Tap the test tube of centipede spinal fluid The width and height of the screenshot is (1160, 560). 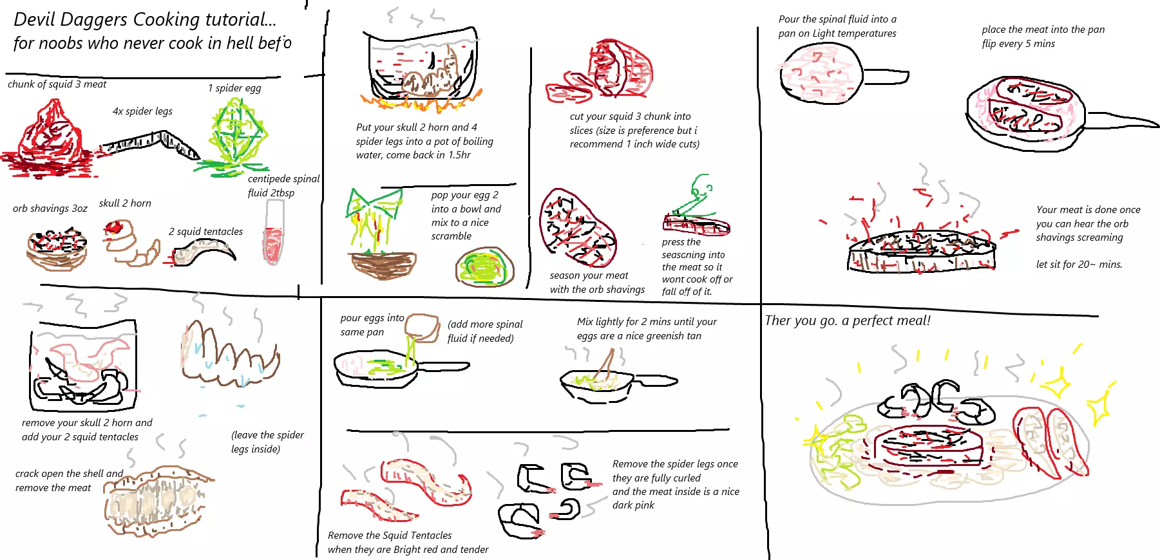click(x=274, y=232)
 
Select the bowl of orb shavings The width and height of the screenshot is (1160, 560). click(x=57, y=248)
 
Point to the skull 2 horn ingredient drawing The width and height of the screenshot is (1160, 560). click(x=131, y=243)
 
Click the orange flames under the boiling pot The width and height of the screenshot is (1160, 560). click(x=421, y=100)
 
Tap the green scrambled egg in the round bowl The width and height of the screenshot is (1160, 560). click(x=485, y=267)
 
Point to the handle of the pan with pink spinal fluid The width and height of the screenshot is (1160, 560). click(x=885, y=77)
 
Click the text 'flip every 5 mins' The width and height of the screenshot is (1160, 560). click(x=1018, y=44)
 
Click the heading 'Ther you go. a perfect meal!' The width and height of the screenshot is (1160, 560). click(x=848, y=321)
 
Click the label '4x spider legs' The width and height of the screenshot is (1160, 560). click(x=142, y=111)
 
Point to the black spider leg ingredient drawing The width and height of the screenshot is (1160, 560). click(x=149, y=144)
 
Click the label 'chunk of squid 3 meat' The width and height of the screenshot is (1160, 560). click(x=57, y=84)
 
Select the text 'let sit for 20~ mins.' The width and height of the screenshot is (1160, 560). click(x=1079, y=265)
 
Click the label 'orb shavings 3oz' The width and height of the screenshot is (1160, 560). click(x=50, y=209)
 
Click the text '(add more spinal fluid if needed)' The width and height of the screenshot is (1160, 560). click(x=485, y=331)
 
